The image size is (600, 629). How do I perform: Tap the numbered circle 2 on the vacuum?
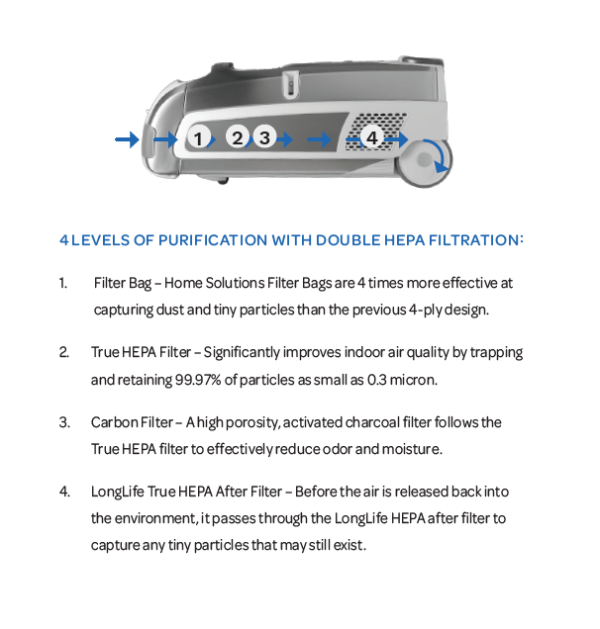(237, 136)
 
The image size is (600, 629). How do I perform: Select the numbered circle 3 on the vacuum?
(264, 136)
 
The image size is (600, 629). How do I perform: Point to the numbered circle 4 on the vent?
(372, 136)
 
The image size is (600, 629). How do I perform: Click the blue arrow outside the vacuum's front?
(127, 139)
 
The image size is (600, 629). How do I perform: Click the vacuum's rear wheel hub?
(424, 159)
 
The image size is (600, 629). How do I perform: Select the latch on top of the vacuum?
(290, 84)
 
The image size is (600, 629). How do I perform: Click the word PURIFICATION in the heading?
(213, 240)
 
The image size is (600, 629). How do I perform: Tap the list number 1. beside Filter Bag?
(63, 283)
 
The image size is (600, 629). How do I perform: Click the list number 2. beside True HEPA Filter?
(63, 352)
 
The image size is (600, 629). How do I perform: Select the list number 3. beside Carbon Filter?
(64, 422)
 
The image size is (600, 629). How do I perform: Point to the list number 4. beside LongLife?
(64, 492)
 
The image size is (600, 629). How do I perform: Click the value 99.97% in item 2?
(198, 380)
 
